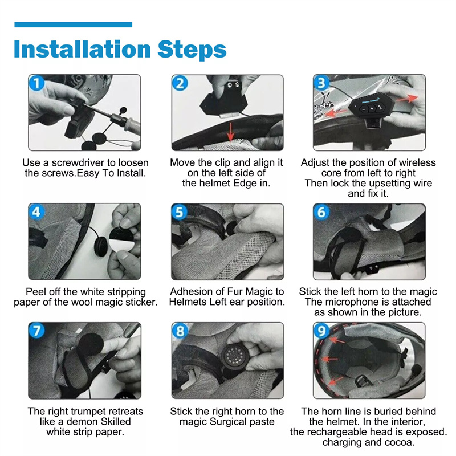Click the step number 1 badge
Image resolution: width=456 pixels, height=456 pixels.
click(37, 83)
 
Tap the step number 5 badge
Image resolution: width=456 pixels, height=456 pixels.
click(180, 212)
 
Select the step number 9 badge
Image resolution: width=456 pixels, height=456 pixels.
click(321, 331)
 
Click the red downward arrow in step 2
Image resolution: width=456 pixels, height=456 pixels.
click(231, 132)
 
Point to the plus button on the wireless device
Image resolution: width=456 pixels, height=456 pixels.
click(372, 109)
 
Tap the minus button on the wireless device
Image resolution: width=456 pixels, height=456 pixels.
click(364, 109)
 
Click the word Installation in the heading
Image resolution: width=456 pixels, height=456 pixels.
click(82, 49)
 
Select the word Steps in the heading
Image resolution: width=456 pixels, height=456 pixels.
click(192, 50)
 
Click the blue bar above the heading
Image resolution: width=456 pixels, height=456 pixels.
click(74, 25)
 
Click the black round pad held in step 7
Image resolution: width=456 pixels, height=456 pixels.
click(91, 345)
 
